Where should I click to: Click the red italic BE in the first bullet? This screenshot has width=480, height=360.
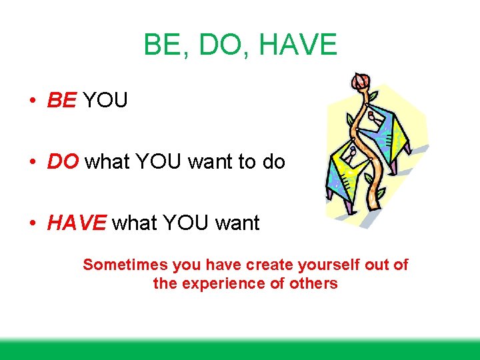(x=62, y=101)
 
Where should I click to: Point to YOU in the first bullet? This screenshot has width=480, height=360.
(x=105, y=101)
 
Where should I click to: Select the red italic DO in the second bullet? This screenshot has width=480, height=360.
(x=63, y=162)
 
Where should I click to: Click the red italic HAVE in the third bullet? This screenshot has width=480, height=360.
(x=77, y=223)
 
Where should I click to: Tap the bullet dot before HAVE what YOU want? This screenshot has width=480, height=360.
(x=32, y=223)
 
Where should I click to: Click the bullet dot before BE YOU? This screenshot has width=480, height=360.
(x=32, y=101)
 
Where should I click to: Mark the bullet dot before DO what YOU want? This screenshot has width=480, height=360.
(x=32, y=163)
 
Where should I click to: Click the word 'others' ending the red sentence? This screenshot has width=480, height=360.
(x=313, y=283)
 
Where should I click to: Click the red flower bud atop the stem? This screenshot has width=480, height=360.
(x=361, y=81)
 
